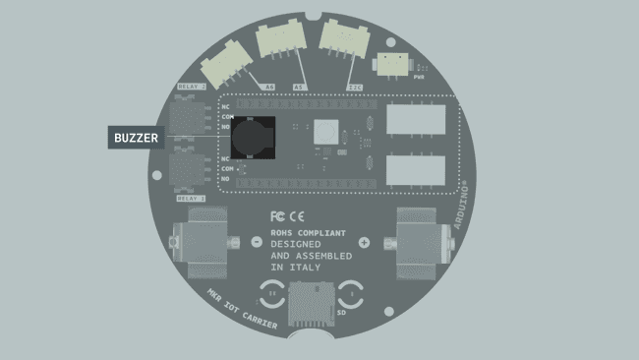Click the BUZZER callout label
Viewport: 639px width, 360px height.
click(x=135, y=139)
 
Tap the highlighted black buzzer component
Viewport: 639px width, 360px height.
click(x=254, y=139)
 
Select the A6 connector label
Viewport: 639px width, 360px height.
click(x=269, y=87)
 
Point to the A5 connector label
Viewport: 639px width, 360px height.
click(x=299, y=87)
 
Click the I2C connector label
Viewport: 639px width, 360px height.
click(x=354, y=87)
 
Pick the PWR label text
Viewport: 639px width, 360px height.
click(x=420, y=76)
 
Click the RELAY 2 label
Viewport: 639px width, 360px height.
click(x=191, y=87)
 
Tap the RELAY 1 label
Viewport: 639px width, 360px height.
click(x=191, y=199)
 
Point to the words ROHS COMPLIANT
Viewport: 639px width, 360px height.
click(x=308, y=232)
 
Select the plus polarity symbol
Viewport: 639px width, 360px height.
click(x=364, y=242)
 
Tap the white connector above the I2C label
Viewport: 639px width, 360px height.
click(x=344, y=41)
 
